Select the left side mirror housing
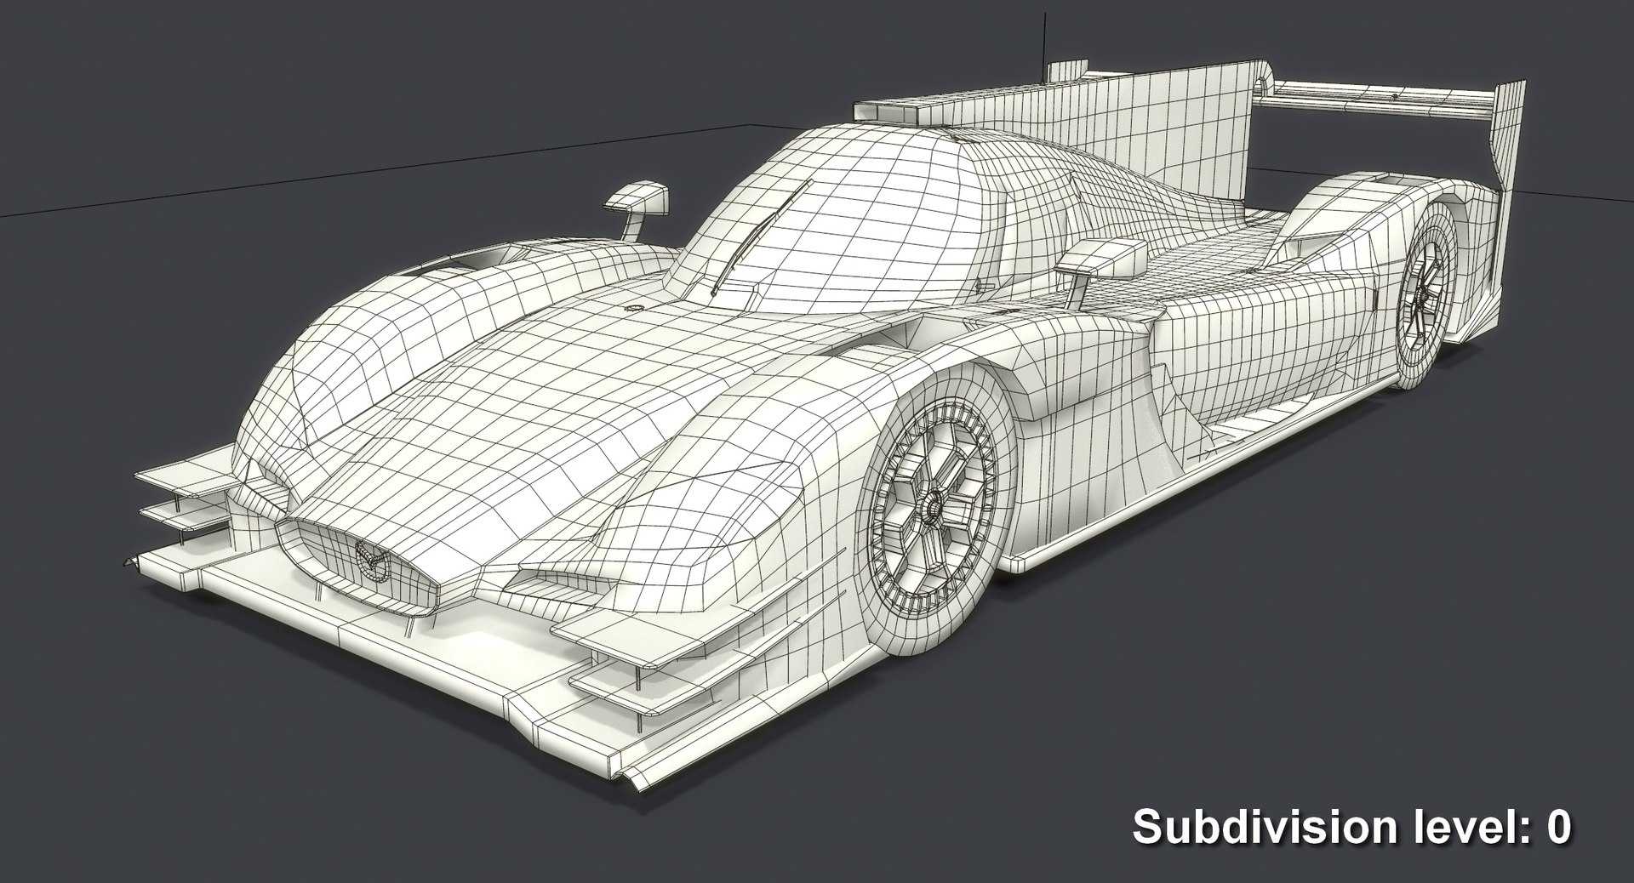coord(639,197)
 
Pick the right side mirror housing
coord(1106,258)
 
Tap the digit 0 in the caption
coord(1557,828)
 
